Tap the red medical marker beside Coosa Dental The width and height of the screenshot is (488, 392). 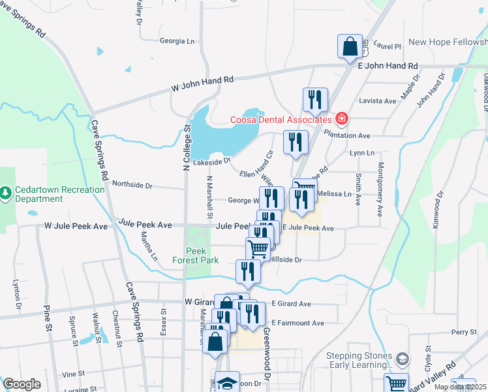coord(341,118)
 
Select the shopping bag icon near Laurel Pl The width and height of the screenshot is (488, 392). coord(350,46)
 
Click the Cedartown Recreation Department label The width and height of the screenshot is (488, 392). coord(52,194)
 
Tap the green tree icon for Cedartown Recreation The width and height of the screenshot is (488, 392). coord(5,193)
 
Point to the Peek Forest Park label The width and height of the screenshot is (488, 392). coord(201,255)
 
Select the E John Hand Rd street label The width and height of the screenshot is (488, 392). coord(388,66)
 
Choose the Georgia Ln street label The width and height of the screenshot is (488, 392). coord(177,41)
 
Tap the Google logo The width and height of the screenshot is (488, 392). coord(22,385)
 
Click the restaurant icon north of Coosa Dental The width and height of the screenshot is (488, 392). coord(314,99)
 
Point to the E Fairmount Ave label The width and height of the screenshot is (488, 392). coord(297,323)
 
